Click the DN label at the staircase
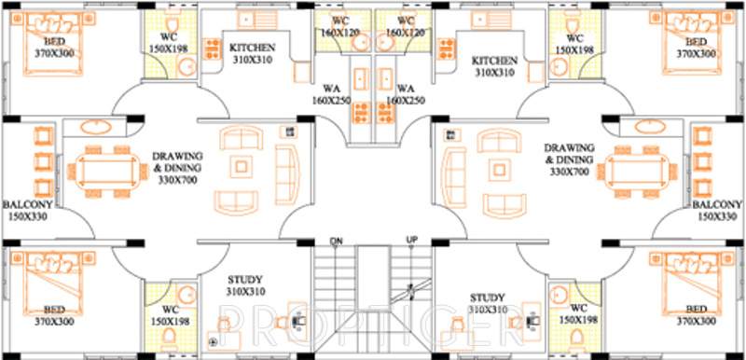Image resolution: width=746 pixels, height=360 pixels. coord(338,242)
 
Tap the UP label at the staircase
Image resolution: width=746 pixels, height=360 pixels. coord(411,242)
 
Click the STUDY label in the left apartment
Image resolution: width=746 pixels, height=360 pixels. coord(245,279)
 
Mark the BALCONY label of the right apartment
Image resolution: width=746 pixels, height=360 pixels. coord(717,204)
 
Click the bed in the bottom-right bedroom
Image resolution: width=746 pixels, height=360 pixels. coord(694,285)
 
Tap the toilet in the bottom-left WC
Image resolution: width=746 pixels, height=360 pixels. coord(169,334)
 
